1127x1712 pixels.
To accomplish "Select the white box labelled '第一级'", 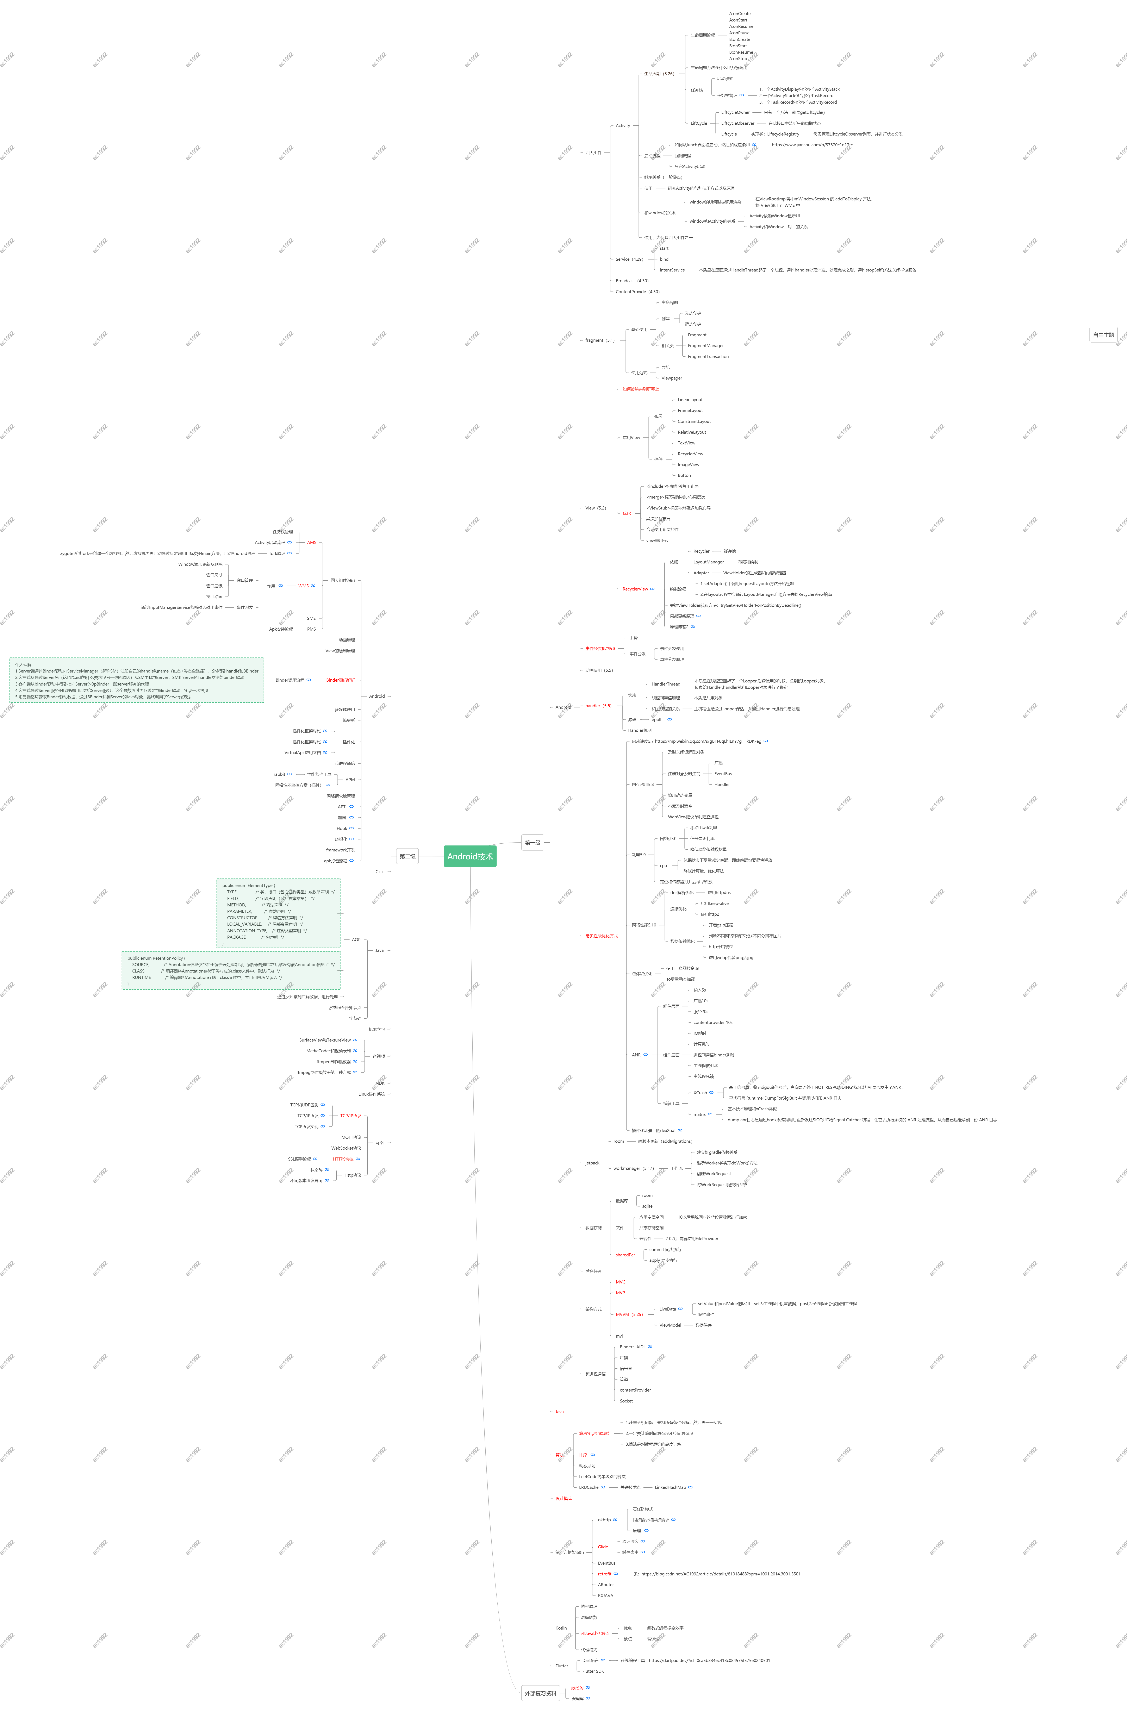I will point(532,842).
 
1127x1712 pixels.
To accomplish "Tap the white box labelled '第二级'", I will point(407,856).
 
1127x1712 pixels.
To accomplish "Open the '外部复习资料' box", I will point(540,1693).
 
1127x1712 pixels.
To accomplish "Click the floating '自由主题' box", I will point(1103,335).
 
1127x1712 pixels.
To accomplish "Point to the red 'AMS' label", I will point(311,542).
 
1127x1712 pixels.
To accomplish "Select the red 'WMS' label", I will point(304,586).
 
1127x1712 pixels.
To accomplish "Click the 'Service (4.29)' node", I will point(629,259).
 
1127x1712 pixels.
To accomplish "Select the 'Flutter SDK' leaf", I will point(593,1671).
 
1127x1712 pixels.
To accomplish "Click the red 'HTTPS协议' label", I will point(343,1159).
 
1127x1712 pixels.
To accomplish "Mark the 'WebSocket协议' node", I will point(346,1148).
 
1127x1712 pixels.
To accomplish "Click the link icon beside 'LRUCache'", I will point(603,1487).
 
